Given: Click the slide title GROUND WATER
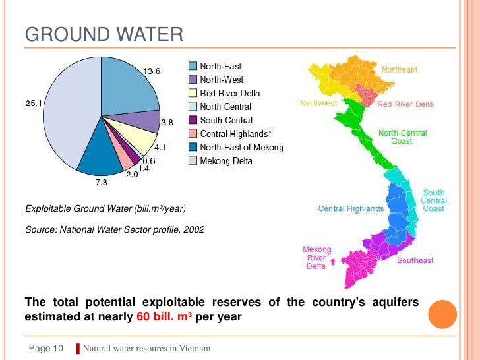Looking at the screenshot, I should (x=104, y=34).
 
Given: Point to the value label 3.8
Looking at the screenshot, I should (x=167, y=122).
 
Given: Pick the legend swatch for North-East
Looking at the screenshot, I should (x=193, y=66).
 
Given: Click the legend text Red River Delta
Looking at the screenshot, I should (x=229, y=93).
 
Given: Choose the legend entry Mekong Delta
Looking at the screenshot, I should (x=226, y=161).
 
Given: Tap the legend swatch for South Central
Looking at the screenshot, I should (x=193, y=120).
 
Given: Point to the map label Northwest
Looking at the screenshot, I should (x=318, y=104).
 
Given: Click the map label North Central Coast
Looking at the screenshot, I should (x=402, y=137).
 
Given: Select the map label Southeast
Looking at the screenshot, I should (x=415, y=260).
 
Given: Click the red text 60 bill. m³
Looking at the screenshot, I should (x=165, y=316).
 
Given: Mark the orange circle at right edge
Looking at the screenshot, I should (x=442, y=313).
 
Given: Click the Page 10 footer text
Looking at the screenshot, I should (x=45, y=348).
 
